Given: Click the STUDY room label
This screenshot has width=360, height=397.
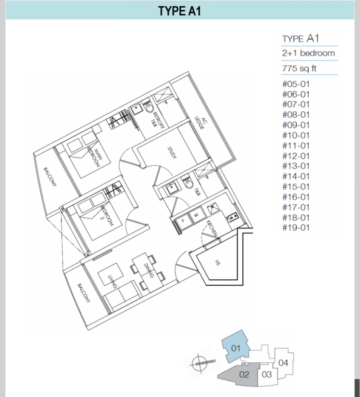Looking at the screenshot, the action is point(172,153).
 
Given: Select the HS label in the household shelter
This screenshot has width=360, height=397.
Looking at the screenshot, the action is point(217,263).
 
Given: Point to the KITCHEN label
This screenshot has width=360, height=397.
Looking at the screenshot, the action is point(212,228).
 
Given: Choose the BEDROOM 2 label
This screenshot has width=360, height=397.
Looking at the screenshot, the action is point(107,215).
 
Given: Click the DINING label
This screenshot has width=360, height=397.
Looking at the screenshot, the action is point(149,271).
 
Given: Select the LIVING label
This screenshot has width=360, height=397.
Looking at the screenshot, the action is point(112,282).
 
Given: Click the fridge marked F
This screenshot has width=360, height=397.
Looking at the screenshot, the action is point(183,221).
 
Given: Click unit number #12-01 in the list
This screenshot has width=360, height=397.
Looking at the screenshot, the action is point(296,156).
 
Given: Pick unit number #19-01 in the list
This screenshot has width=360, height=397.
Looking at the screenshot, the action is point(296,228).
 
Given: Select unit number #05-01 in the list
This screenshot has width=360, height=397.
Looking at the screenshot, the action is point(296,84).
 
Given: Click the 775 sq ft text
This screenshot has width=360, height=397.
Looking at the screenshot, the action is point(299,68).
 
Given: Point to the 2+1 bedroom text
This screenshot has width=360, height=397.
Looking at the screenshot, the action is point(308,53).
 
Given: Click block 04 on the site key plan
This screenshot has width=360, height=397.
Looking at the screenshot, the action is point(283,363).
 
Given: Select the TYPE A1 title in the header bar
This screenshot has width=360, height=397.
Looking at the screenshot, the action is point(180,11).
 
